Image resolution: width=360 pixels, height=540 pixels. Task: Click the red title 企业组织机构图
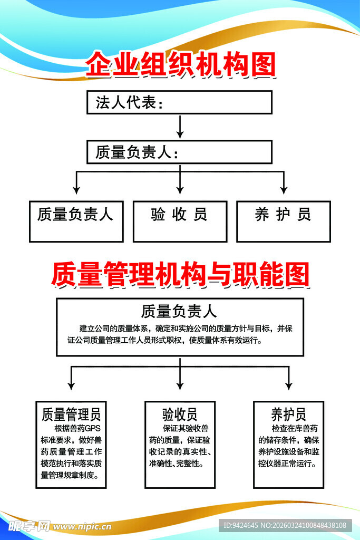180,65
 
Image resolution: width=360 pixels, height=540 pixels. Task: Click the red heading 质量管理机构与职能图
180,274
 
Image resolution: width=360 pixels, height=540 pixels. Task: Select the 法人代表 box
179,102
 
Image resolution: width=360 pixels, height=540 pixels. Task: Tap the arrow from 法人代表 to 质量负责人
180,127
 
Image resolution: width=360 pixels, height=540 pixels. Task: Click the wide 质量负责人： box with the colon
179,152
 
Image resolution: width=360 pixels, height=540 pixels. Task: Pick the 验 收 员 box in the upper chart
180,221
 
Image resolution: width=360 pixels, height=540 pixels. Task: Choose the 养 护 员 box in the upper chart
283,221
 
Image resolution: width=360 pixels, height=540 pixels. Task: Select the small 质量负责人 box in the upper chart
76,221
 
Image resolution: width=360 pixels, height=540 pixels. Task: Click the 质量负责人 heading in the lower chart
179,310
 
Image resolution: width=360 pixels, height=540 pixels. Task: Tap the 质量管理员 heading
71,414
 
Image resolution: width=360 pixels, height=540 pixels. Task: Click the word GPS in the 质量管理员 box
95,428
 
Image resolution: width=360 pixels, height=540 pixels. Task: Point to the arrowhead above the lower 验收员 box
180,385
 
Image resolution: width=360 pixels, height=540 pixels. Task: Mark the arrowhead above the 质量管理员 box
71,385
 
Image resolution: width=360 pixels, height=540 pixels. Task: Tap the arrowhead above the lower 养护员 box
288,385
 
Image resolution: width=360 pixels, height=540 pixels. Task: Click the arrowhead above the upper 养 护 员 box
284,189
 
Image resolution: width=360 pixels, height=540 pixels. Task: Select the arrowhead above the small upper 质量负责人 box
76,189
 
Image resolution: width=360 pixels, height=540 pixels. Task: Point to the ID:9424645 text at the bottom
240,525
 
